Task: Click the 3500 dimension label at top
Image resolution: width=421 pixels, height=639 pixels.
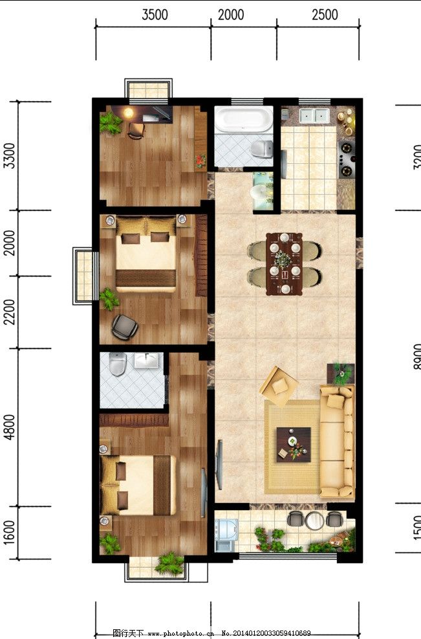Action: click(x=155, y=14)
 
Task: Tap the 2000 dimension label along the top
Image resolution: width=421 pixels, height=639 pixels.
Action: click(x=231, y=14)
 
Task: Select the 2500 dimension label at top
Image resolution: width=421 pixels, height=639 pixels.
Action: click(x=324, y=14)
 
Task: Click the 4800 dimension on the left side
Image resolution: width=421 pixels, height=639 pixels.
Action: click(x=8, y=427)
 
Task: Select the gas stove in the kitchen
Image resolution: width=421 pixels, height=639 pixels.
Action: click(x=348, y=159)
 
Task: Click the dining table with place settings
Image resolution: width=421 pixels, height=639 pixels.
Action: click(x=284, y=263)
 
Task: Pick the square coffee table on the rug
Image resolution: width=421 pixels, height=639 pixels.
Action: click(x=294, y=444)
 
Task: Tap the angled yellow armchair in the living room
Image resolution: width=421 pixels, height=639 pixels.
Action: click(x=279, y=387)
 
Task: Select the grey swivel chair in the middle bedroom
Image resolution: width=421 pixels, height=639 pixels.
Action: click(x=124, y=326)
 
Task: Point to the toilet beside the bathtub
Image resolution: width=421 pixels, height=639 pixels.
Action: click(x=262, y=149)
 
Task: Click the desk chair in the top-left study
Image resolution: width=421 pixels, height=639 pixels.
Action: click(x=136, y=131)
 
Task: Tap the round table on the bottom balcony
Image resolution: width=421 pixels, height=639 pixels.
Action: click(x=315, y=519)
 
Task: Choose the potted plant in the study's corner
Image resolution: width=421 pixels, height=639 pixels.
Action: click(x=111, y=122)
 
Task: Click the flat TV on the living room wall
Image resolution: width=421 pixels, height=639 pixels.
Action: click(x=220, y=464)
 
